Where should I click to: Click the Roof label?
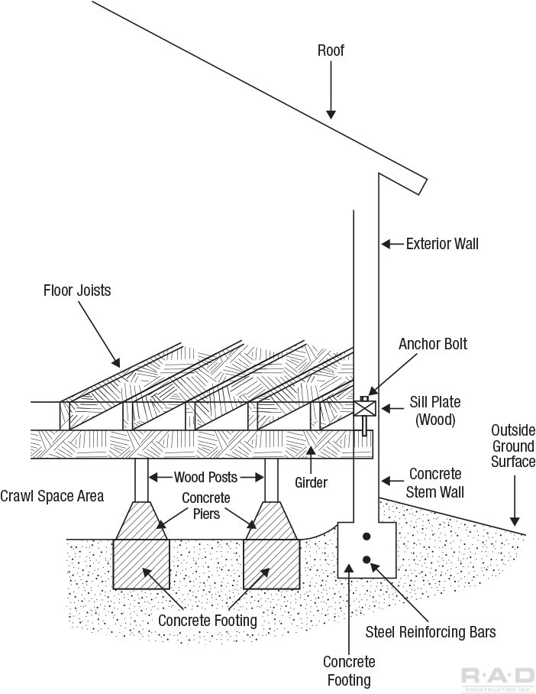pos(331,51)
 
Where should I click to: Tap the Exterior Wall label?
pos(442,244)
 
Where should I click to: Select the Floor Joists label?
pos(77,290)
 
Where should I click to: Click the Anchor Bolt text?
pos(432,344)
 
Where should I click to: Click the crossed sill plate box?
pos(365,407)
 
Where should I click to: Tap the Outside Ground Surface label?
pos(513,446)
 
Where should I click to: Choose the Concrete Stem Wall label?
pos(435,482)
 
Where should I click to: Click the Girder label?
pos(311,483)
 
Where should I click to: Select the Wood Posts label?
pos(205,478)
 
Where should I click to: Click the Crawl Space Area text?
pos(52,496)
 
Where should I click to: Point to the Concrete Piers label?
pos(205,506)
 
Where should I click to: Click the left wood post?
pos(142,479)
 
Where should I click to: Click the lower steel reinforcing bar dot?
pos(366,560)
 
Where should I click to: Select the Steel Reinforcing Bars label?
pos(431,631)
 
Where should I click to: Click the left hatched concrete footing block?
pos(141,563)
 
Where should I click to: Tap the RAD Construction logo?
pos(498,677)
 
